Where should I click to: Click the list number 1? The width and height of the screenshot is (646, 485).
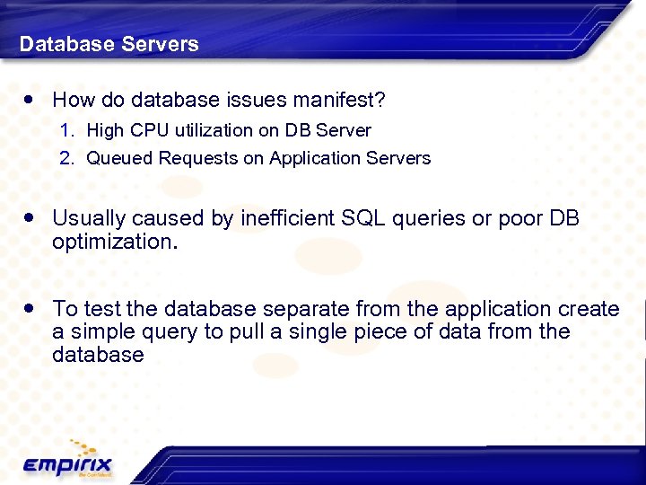click(x=66, y=130)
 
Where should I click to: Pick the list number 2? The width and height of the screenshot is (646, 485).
click(x=66, y=158)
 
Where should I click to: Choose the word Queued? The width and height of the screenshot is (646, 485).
click(x=119, y=158)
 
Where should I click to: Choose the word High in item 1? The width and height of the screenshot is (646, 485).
click(x=105, y=130)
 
